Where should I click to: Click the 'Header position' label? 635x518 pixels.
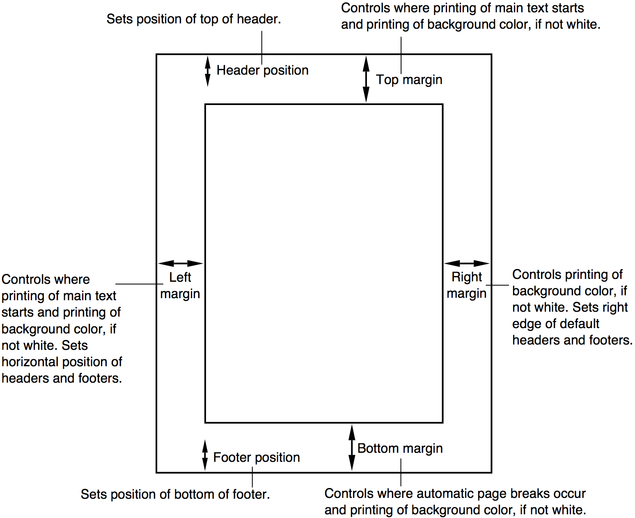(262, 70)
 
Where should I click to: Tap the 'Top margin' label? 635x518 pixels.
(409, 80)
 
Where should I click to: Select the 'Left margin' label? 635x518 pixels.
(180, 285)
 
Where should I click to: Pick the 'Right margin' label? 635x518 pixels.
(467, 285)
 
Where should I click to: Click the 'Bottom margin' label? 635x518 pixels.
(400, 448)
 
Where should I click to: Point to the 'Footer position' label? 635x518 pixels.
(257, 457)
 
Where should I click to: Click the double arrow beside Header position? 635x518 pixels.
(208, 71)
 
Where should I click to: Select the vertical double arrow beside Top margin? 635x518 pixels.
(366, 79)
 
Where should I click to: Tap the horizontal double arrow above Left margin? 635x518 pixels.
(181, 263)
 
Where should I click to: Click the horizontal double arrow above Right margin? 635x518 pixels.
(467, 263)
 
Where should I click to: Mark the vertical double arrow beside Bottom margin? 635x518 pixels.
(352, 447)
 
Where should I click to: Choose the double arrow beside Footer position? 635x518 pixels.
(205, 455)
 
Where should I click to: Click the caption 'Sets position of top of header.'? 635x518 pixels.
(194, 19)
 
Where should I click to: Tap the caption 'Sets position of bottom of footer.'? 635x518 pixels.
(175, 494)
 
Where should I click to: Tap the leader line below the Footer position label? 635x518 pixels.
(252, 477)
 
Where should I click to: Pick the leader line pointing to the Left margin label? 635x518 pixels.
(140, 284)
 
